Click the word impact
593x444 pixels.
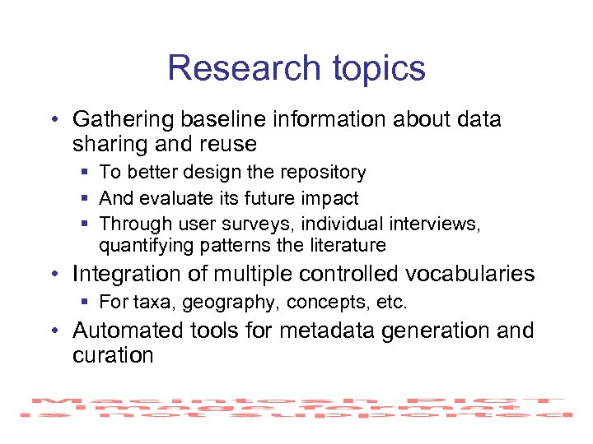coord(329,198)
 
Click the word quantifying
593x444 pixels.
coord(143,246)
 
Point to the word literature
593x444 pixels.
coord(347,245)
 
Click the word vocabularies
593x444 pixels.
coord(470,274)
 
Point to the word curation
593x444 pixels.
coord(113,356)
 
